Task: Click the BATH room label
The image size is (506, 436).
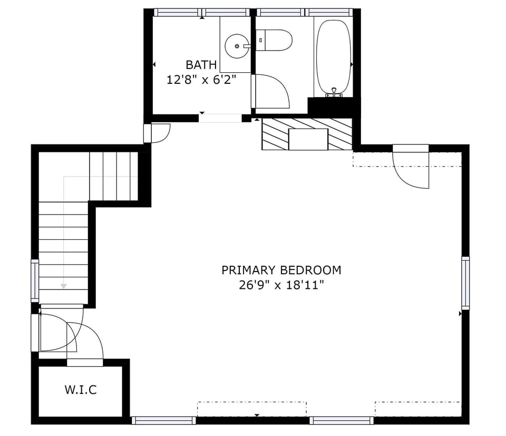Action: point(201,65)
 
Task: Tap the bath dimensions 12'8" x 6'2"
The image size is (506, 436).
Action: point(201,80)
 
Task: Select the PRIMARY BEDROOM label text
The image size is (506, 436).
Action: point(281,270)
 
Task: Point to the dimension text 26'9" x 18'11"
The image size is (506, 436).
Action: point(281,285)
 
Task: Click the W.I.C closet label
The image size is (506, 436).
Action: point(81,390)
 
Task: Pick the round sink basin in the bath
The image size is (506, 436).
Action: point(237,46)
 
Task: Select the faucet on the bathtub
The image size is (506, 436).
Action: point(334,92)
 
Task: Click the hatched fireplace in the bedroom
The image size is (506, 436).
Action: point(307,134)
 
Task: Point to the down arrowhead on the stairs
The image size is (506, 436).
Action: point(63,286)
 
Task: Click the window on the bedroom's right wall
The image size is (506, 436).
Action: point(465,283)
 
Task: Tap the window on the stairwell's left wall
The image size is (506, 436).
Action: point(35,281)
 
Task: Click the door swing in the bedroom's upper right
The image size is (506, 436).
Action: point(412,170)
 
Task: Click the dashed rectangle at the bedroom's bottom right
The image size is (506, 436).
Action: point(417,409)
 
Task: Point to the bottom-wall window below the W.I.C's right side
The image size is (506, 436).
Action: point(163,420)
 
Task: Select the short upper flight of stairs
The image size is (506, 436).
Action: point(113,176)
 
